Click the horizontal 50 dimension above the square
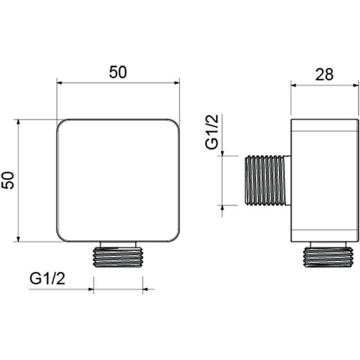point(118,72)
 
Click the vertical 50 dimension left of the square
point(8,181)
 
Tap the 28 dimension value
point(324,74)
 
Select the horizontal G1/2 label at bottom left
point(47,279)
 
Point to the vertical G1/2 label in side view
point(212,132)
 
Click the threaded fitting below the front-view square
point(118,254)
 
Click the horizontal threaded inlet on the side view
point(267,180)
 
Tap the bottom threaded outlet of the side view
point(328,254)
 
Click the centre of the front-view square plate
point(118,181)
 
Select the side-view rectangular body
point(325,181)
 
